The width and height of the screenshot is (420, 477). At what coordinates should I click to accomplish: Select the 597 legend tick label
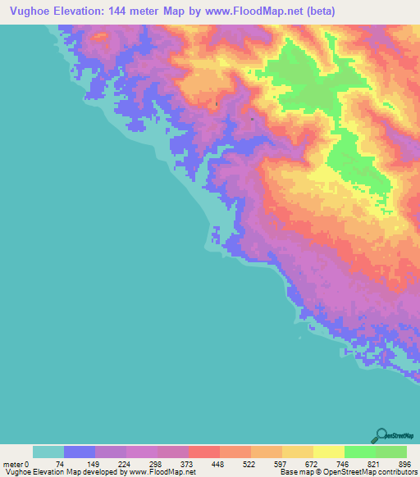(282, 464)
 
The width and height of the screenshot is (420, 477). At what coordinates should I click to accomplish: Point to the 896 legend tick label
(404, 464)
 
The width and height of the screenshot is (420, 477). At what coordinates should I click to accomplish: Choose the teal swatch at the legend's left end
(48, 452)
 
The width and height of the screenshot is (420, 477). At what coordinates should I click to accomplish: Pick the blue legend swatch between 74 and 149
(80, 452)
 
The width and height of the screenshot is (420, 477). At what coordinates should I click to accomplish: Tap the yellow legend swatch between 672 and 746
(329, 452)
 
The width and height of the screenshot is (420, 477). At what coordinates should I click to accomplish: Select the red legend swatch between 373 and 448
(204, 452)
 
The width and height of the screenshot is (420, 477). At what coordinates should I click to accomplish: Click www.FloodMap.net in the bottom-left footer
(161, 472)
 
